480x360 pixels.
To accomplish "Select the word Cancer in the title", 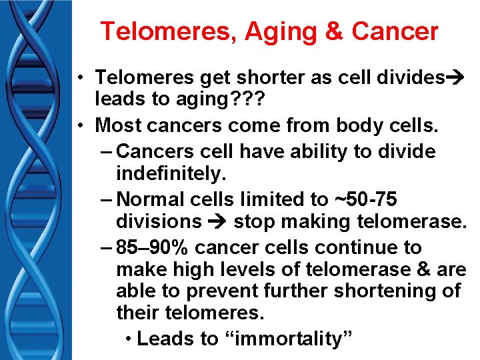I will pos(395,31).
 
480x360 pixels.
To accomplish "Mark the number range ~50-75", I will pos(366,199).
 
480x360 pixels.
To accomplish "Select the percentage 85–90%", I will pos(155,247).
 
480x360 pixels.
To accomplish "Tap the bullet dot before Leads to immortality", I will pos(128,339).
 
